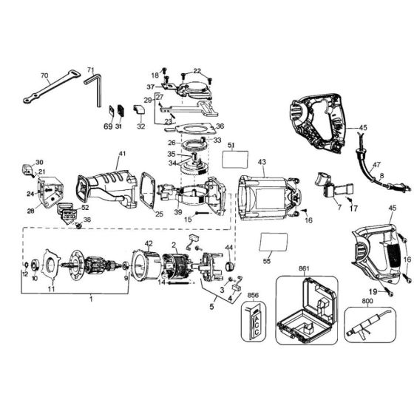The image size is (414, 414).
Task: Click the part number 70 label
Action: pos(44,75)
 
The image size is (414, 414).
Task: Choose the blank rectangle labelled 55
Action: pos(273,242)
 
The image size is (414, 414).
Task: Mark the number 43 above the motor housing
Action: pos(261,162)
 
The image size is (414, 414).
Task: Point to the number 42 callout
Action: pos(149,243)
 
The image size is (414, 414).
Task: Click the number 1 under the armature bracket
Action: pos(90,299)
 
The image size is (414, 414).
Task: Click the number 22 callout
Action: pos(196,71)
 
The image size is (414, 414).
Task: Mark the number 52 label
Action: pos(85,208)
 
